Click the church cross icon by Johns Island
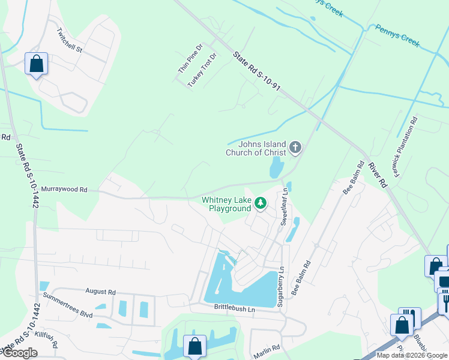(x=295, y=147)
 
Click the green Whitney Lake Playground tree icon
(x=261, y=203)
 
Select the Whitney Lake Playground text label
(x=226, y=204)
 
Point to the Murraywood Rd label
(x=64, y=190)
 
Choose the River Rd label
(x=376, y=175)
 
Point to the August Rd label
(x=100, y=292)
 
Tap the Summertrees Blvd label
(x=67, y=305)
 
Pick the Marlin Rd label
(x=267, y=348)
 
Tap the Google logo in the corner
(x=19, y=353)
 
